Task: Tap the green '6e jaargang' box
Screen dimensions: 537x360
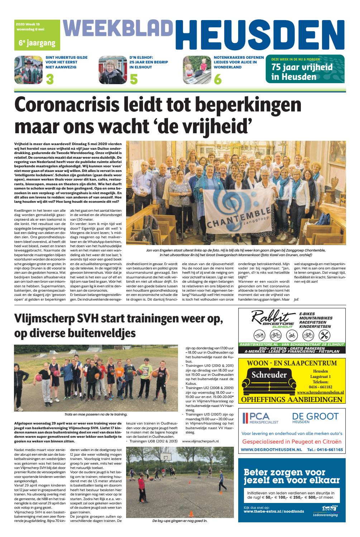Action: [32, 43]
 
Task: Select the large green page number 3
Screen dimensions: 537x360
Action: [50, 79]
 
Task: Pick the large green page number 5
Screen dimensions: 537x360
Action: [134, 79]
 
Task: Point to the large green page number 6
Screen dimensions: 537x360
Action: [217, 79]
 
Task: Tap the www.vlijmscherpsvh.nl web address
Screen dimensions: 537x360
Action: [200, 441]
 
